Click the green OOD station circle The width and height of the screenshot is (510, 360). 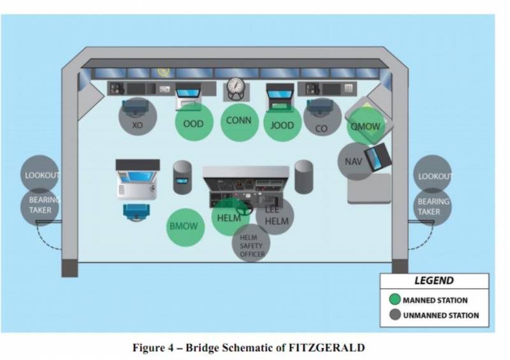[193, 123]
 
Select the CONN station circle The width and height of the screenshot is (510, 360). [239, 120]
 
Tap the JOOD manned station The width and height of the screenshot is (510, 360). [282, 124]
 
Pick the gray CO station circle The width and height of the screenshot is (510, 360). [321, 127]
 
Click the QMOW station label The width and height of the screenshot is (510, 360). [366, 126]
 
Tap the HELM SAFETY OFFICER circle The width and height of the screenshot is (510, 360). [251, 245]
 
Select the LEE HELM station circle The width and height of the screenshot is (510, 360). [275, 217]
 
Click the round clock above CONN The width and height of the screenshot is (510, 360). [237, 87]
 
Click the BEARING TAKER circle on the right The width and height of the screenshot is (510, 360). [433, 206]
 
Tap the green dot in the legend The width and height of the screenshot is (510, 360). [395, 299]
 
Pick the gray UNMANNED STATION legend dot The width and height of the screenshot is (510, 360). [395, 315]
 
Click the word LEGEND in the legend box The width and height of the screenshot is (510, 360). [434, 281]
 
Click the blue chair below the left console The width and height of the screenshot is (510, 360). [136, 212]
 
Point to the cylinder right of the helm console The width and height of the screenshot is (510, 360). [304, 176]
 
